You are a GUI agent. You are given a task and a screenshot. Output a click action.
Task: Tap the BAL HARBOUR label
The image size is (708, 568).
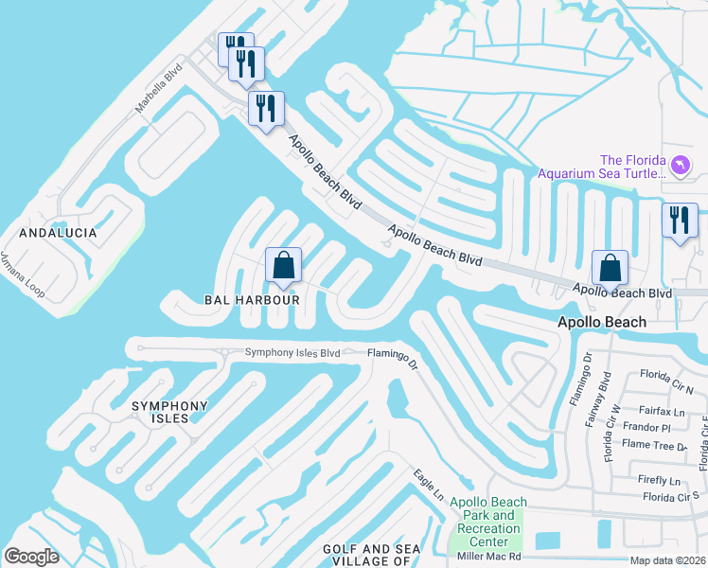252,299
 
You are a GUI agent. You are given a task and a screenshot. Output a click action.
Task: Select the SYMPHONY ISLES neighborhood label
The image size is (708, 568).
169,414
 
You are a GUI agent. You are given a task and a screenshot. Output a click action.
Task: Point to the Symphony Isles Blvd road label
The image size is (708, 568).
292,353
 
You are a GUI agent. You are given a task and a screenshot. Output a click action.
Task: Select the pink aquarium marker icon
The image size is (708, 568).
681,167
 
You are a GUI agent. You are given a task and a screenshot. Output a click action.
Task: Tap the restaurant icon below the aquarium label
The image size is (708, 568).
679,221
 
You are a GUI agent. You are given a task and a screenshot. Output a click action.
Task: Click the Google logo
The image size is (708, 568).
31,556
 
